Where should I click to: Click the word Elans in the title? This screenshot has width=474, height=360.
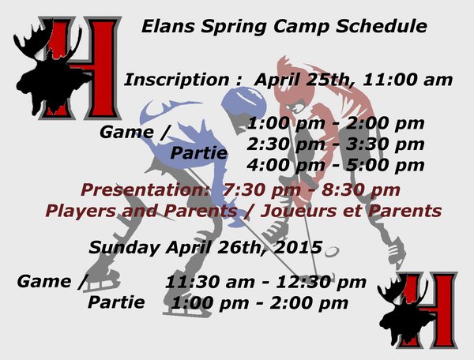[167, 26]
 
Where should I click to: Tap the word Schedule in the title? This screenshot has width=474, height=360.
[382, 26]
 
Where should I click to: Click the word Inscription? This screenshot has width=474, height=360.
[176, 81]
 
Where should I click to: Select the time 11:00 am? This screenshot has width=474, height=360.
[407, 80]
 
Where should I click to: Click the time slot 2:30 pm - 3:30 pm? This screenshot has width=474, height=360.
[336, 144]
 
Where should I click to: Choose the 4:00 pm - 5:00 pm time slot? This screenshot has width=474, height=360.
[336, 166]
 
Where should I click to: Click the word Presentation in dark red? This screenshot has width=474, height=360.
[145, 190]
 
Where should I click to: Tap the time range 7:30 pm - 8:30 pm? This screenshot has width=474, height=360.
[311, 190]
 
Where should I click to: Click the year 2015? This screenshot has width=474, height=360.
[298, 247]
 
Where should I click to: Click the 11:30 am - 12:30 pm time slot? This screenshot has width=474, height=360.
[265, 283]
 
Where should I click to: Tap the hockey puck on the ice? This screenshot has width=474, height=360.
[332, 252]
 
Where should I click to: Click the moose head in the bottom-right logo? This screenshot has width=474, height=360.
[405, 315]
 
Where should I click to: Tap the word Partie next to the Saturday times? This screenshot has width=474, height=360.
[198, 153]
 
